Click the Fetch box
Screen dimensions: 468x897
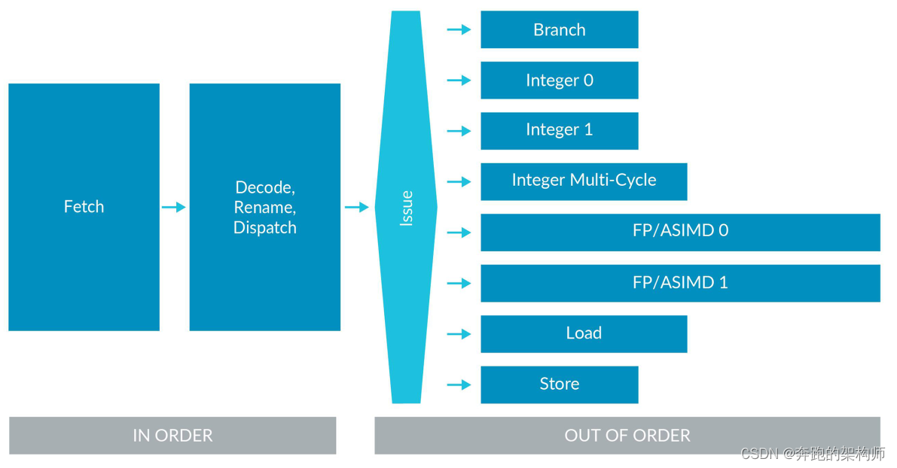84,207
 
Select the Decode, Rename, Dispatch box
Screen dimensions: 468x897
264,207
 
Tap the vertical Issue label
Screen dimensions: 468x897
407,208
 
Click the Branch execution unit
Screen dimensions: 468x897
559,30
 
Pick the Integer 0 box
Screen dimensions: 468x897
559,81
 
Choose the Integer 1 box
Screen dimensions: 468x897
559,130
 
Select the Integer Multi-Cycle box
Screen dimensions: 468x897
584,181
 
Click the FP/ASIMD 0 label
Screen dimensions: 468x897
680,231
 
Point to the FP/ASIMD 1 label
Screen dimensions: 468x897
680,283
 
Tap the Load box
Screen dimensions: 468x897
584,333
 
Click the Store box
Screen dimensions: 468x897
559,384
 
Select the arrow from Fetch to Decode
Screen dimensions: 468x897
174,207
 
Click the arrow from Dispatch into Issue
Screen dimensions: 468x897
356,207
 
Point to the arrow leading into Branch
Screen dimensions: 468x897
459,30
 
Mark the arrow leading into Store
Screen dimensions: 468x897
459,384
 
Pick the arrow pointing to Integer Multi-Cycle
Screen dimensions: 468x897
459,181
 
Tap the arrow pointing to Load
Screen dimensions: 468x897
459,333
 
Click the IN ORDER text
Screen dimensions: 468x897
172,436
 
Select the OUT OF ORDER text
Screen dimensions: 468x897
627,436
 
